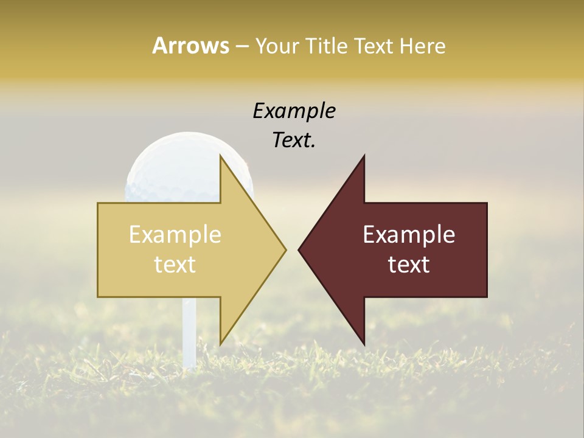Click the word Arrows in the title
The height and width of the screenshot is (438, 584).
point(190,46)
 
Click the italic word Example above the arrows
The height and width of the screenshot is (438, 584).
point(294,111)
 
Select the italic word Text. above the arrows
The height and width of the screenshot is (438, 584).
point(294,141)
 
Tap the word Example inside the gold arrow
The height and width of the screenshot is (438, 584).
point(175,235)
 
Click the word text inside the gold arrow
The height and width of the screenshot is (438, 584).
point(175,265)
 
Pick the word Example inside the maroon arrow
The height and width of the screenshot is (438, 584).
point(409,235)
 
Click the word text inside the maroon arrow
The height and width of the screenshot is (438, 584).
point(409,265)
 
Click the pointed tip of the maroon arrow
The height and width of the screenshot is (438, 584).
point(299,249)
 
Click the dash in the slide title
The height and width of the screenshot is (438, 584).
point(242,47)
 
